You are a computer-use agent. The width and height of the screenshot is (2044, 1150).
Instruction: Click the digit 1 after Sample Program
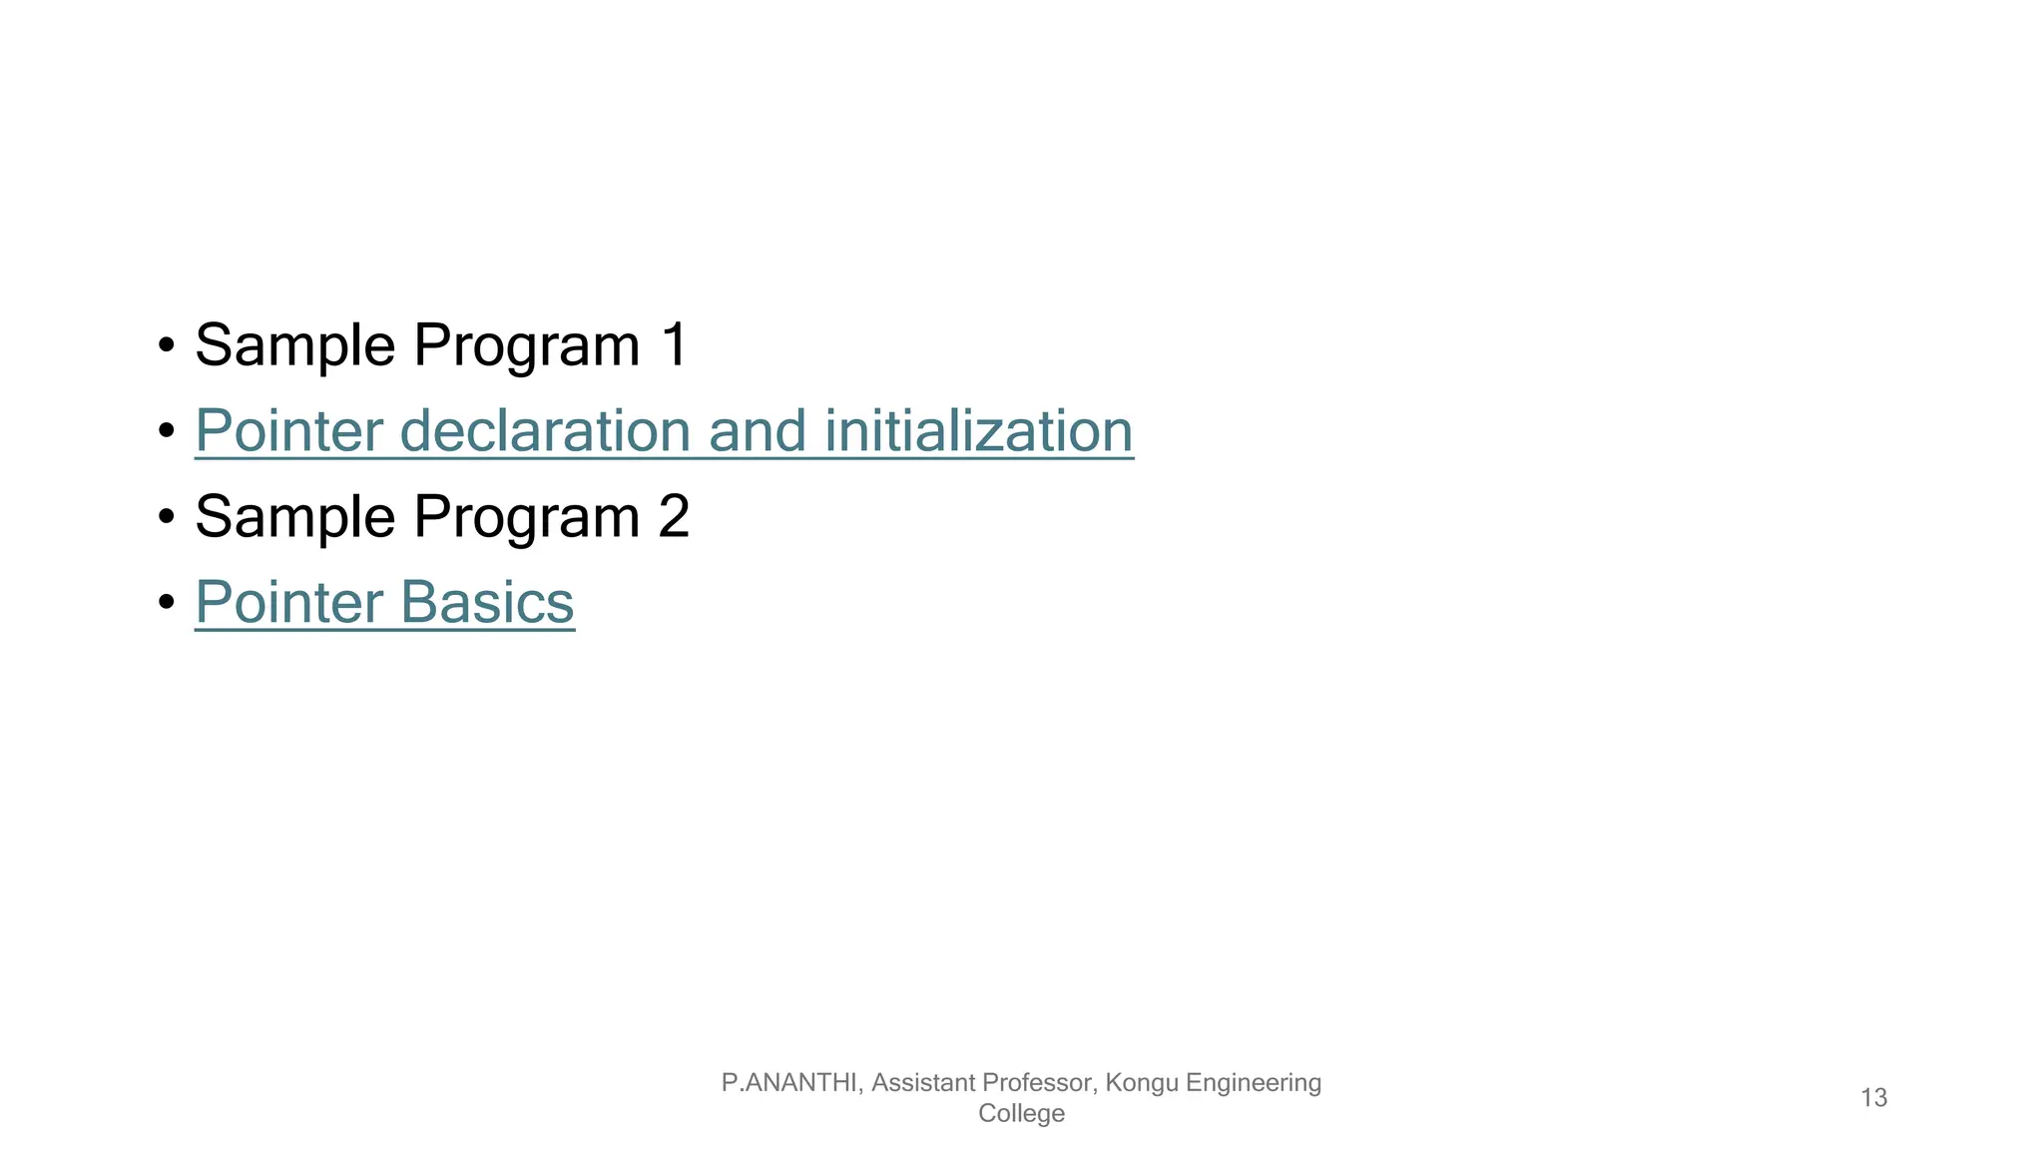674,345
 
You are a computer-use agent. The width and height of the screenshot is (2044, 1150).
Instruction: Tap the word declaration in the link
545,431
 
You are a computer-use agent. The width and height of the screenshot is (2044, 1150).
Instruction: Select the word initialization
979,431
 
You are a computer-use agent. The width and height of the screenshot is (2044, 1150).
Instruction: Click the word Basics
487,603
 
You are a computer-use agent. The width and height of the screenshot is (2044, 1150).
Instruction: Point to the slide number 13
1873,1098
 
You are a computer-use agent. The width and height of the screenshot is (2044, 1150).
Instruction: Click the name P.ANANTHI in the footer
788,1082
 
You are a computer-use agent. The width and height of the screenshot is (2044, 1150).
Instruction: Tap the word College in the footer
1021,1113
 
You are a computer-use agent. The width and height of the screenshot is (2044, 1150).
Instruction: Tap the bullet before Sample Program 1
167,346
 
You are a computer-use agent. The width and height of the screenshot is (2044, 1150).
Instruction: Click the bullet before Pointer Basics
167,604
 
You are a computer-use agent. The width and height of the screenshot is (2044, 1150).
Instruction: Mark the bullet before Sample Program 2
167,518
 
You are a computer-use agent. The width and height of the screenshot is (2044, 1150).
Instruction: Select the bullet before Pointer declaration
167,432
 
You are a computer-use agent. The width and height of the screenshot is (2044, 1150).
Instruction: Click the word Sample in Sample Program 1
294,345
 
